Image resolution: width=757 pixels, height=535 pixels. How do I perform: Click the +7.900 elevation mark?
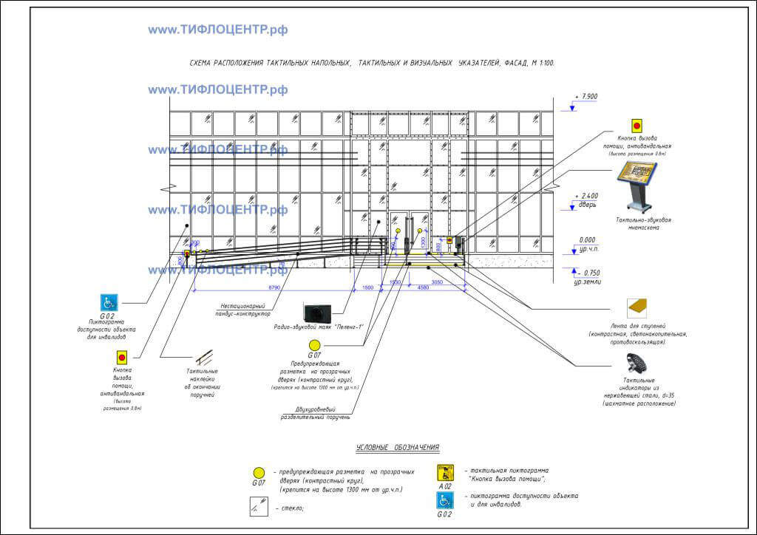click(588, 97)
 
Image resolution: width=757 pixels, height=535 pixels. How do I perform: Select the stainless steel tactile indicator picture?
click(637, 364)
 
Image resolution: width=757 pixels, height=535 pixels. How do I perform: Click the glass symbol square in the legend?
click(259, 508)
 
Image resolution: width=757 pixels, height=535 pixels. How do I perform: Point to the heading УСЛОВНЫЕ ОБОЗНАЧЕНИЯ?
click(398, 447)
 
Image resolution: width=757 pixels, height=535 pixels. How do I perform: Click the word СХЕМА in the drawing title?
click(200, 65)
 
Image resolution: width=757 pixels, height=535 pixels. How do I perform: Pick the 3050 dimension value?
click(436, 282)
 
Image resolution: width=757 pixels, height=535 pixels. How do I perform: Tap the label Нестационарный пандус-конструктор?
click(245, 310)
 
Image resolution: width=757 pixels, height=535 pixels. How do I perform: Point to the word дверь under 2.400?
click(587, 205)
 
